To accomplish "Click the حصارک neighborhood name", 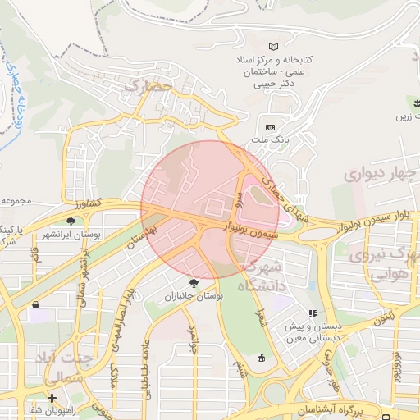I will pos(148,84).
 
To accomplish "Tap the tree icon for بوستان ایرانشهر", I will pos(71,221).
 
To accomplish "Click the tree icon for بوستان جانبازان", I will pos(194,281).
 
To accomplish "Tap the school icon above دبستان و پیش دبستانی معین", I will pos(312,313).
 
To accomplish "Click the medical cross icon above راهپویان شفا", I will pos(52,398).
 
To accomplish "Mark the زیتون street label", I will pos(385,317).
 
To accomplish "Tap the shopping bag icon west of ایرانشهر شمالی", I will pos(35,304).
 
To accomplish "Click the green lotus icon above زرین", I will pos(412,103).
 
